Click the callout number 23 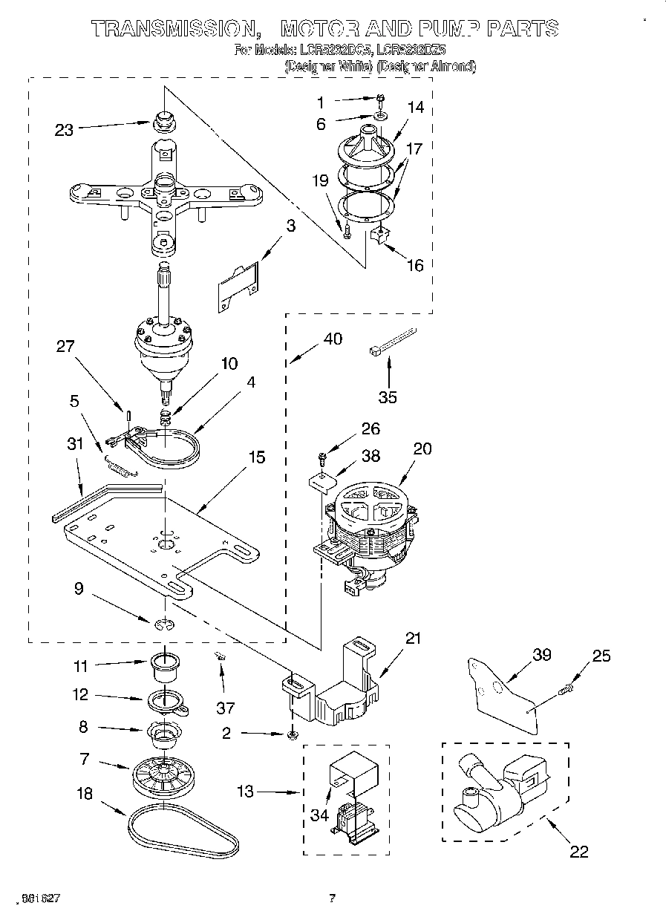(65, 129)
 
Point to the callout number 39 (543, 655)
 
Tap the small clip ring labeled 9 (164, 624)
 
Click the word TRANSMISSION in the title (170, 29)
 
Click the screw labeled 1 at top (379, 99)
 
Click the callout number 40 (333, 339)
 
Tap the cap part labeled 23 (161, 120)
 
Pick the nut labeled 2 (292, 734)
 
